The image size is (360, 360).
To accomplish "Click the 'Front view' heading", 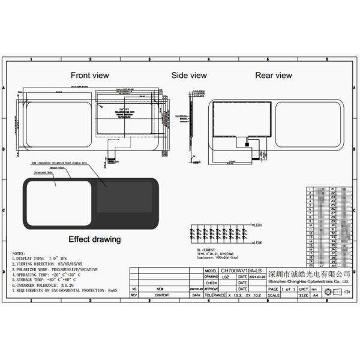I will [90, 75].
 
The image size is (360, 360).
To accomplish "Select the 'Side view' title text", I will [189, 75].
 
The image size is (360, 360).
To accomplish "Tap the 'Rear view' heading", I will [274, 75].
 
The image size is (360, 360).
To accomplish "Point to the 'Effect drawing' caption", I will [94, 239].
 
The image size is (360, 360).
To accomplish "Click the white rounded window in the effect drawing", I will [58, 203].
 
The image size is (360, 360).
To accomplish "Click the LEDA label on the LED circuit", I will [259, 226].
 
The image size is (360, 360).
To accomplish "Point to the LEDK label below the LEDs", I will [259, 242].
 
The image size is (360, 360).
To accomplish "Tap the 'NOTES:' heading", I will [19, 253].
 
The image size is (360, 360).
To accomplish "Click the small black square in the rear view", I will [247, 144].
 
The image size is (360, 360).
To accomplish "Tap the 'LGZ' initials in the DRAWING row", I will [225, 277].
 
